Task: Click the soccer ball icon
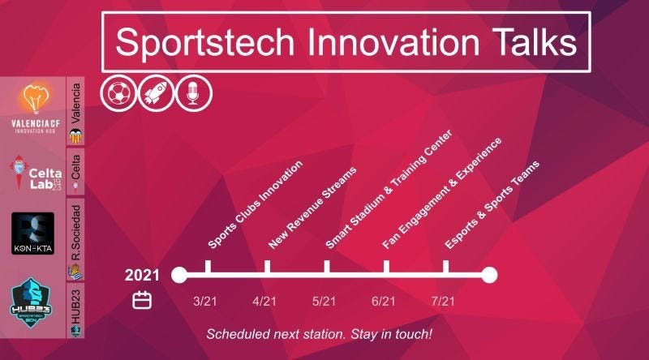click(x=118, y=93)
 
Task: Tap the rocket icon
click(x=156, y=93)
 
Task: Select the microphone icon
click(x=194, y=93)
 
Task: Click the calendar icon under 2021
click(x=142, y=301)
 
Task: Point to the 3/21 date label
click(x=205, y=302)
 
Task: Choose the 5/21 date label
click(x=324, y=302)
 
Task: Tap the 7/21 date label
click(x=443, y=302)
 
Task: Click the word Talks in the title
click(x=534, y=42)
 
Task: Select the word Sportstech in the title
click(x=205, y=43)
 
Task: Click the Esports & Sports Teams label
click(x=492, y=205)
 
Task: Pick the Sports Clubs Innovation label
click(x=255, y=204)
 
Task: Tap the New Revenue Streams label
click(x=312, y=208)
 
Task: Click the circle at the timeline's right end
click(x=489, y=275)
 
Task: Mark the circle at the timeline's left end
click(x=179, y=275)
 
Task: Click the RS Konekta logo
click(x=32, y=234)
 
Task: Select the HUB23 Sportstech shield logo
click(x=31, y=302)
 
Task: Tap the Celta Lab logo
click(x=36, y=173)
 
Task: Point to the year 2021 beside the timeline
click(x=142, y=275)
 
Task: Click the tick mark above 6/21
click(x=386, y=267)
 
